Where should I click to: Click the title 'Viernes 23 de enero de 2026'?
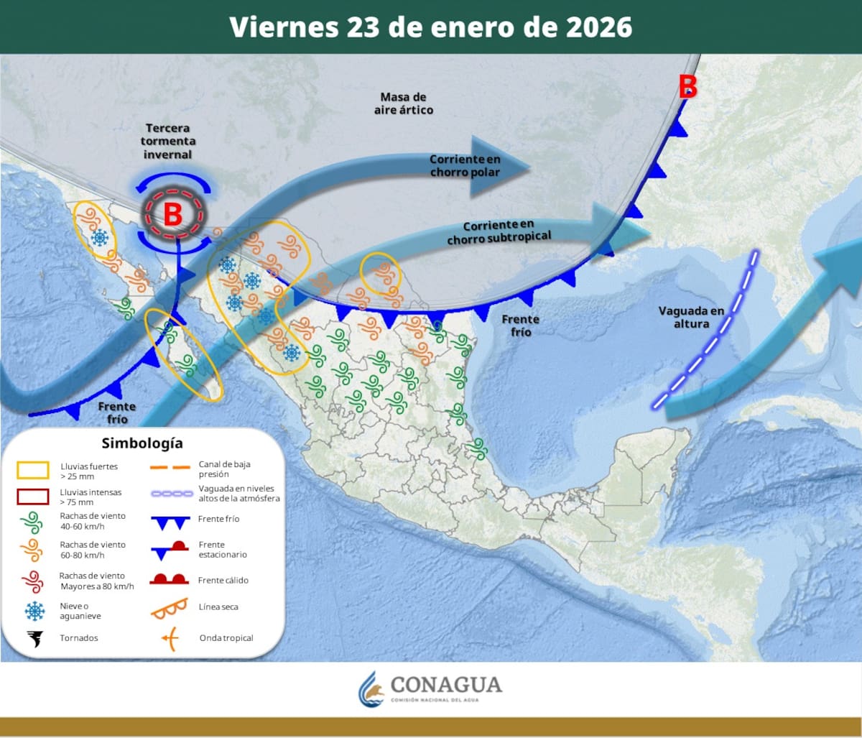(431, 27)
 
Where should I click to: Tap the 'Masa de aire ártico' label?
(404, 103)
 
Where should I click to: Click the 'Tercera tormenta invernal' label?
(167, 141)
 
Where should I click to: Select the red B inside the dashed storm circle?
(172, 214)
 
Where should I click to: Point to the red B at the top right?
(688, 87)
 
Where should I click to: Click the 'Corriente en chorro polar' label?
(465, 165)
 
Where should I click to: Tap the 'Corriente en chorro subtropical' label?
(499, 232)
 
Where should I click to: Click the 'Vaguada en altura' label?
(691, 317)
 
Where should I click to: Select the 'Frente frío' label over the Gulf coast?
(521, 326)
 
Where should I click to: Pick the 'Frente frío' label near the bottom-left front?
(116, 412)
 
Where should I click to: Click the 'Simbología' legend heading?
(142, 443)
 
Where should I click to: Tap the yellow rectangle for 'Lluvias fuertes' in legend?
(33, 471)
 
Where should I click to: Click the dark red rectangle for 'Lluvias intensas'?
(33, 497)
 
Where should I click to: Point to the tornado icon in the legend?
(34, 637)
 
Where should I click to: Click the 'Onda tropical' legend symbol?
(169, 637)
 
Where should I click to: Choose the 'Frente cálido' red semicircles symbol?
(169, 579)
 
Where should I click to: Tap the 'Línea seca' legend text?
(219, 607)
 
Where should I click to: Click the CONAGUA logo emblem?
(371, 689)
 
